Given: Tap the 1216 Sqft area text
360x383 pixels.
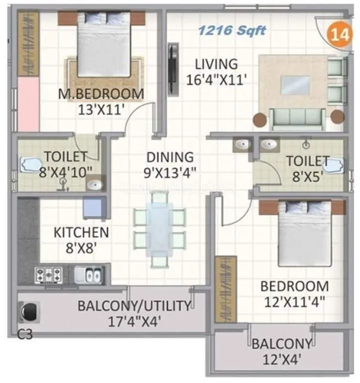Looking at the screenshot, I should [x=232, y=30].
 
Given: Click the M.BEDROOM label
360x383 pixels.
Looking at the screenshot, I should [x=101, y=94].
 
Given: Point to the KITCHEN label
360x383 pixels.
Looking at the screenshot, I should [x=81, y=232].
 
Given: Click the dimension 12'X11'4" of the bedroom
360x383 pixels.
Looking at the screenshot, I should [x=294, y=301].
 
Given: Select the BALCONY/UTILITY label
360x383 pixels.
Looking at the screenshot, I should [x=134, y=306].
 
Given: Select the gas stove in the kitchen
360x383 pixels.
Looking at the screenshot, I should [x=48, y=274].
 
